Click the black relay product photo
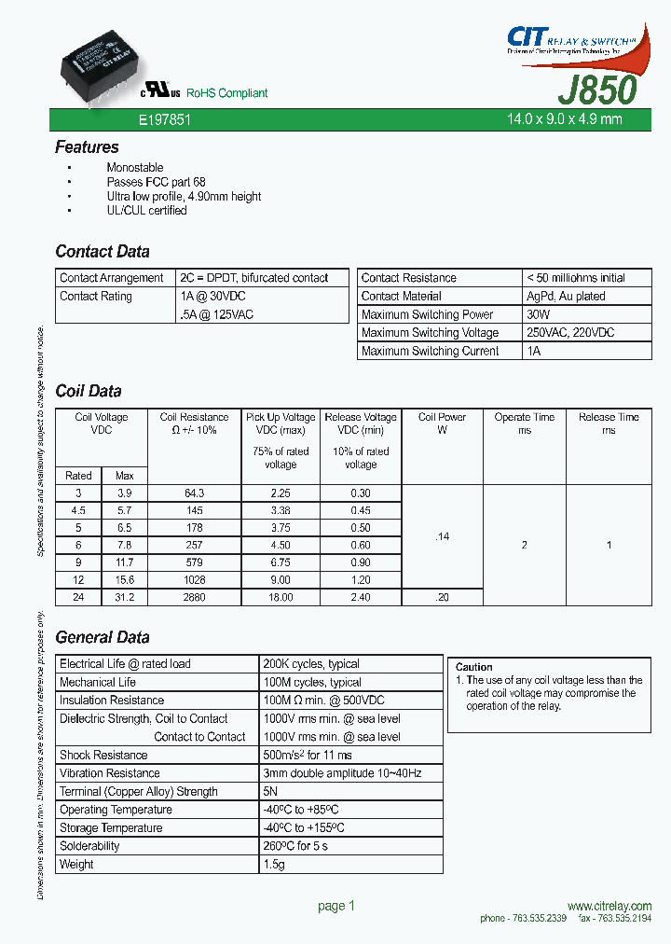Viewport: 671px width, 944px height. click(96, 54)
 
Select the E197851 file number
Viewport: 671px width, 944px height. click(164, 120)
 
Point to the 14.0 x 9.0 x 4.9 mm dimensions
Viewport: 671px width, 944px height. click(564, 119)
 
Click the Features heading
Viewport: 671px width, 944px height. click(87, 147)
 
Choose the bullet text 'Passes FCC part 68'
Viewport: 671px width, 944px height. click(156, 182)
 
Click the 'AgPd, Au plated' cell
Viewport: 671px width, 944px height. click(566, 296)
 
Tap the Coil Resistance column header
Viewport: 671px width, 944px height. click(194, 423)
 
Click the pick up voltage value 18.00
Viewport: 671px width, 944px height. click(281, 597)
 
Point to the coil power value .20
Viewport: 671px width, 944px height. click(442, 597)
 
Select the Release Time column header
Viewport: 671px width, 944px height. click(609, 423)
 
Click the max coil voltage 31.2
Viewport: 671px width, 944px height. click(124, 597)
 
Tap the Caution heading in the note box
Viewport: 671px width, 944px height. click(473, 667)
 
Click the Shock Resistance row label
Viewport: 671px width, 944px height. click(103, 755)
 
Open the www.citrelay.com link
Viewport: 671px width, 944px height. click(609, 906)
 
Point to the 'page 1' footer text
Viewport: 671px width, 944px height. click(336, 906)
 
